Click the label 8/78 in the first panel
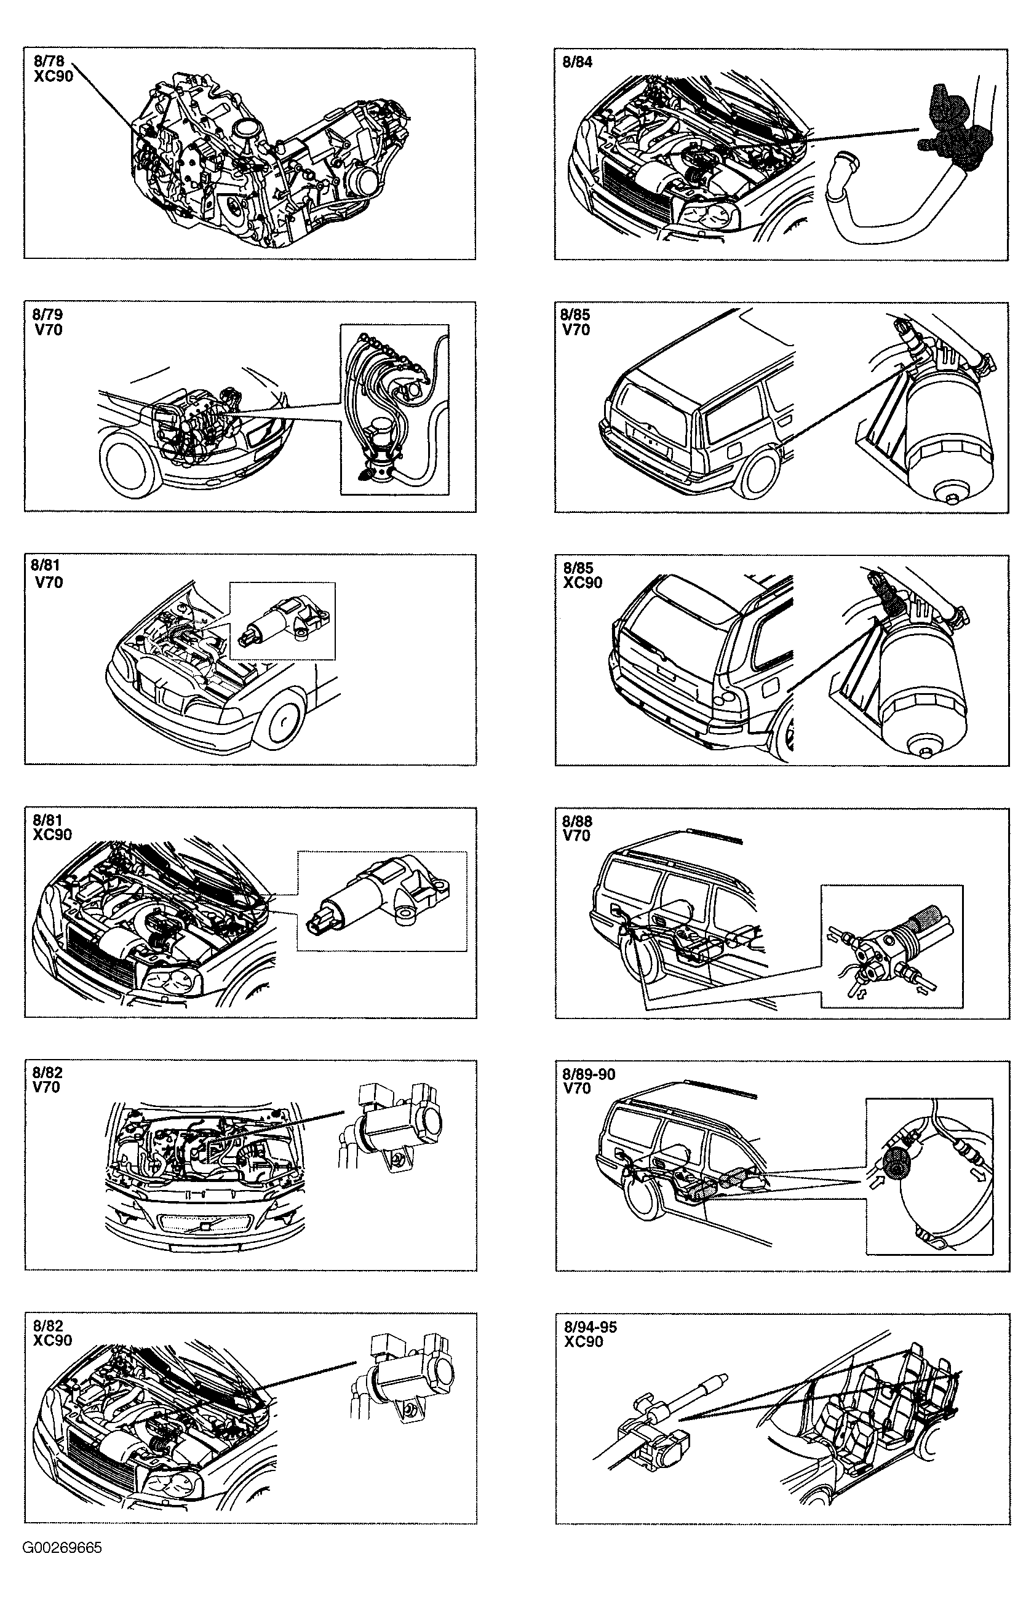pyautogui.click(x=49, y=61)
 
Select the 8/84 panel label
pyautogui.click(x=578, y=63)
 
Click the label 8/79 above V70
pyautogui.click(x=48, y=315)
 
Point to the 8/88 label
pyautogui.click(x=578, y=821)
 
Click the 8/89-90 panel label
pyautogui.click(x=589, y=1074)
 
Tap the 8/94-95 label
pyautogui.click(x=590, y=1327)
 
